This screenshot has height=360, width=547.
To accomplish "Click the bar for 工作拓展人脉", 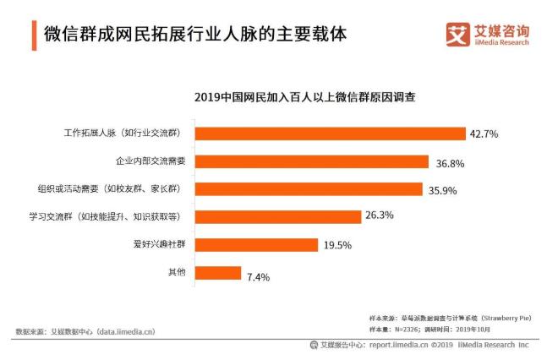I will (x=331, y=134).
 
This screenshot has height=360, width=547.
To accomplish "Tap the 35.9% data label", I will (x=443, y=190).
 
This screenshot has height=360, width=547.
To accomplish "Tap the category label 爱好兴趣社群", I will (x=157, y=244).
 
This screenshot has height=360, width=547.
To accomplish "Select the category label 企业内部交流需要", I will (x=150, y=161).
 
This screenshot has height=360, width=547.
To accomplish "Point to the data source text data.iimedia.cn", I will (x=127, y=332).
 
